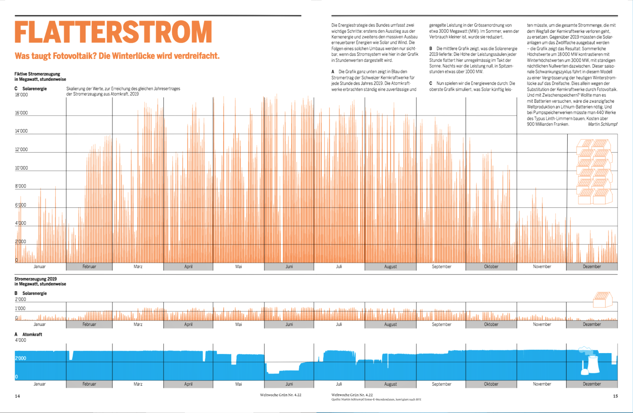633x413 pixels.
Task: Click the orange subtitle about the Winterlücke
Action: (x=117, y=56)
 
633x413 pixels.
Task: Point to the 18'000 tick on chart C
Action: (x=22, y=95)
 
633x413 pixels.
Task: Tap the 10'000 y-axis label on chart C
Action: (x=22, y=168)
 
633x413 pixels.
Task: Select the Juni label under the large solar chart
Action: (x=289, y=266)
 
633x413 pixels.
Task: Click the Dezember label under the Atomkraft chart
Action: (x=592, y=384)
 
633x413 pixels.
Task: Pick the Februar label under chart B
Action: (x=89, y=324)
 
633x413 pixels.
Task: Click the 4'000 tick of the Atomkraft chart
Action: (x=21, y=340)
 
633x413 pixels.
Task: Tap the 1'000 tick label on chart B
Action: (x=20, y=308)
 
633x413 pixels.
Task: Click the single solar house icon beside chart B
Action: (x=602, y=300)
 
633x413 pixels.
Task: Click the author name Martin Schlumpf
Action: (x=602, y=124)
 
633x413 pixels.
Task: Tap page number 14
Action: (x=17, y=396)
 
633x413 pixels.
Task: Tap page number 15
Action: (x=615, y=396)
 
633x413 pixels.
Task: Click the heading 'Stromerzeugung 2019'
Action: (x=36, y=279)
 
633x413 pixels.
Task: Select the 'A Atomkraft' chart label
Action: (x=28, y=334)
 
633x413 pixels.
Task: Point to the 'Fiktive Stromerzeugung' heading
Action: (x=37, y=74)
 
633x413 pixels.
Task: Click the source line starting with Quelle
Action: (x=376, y=399)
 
